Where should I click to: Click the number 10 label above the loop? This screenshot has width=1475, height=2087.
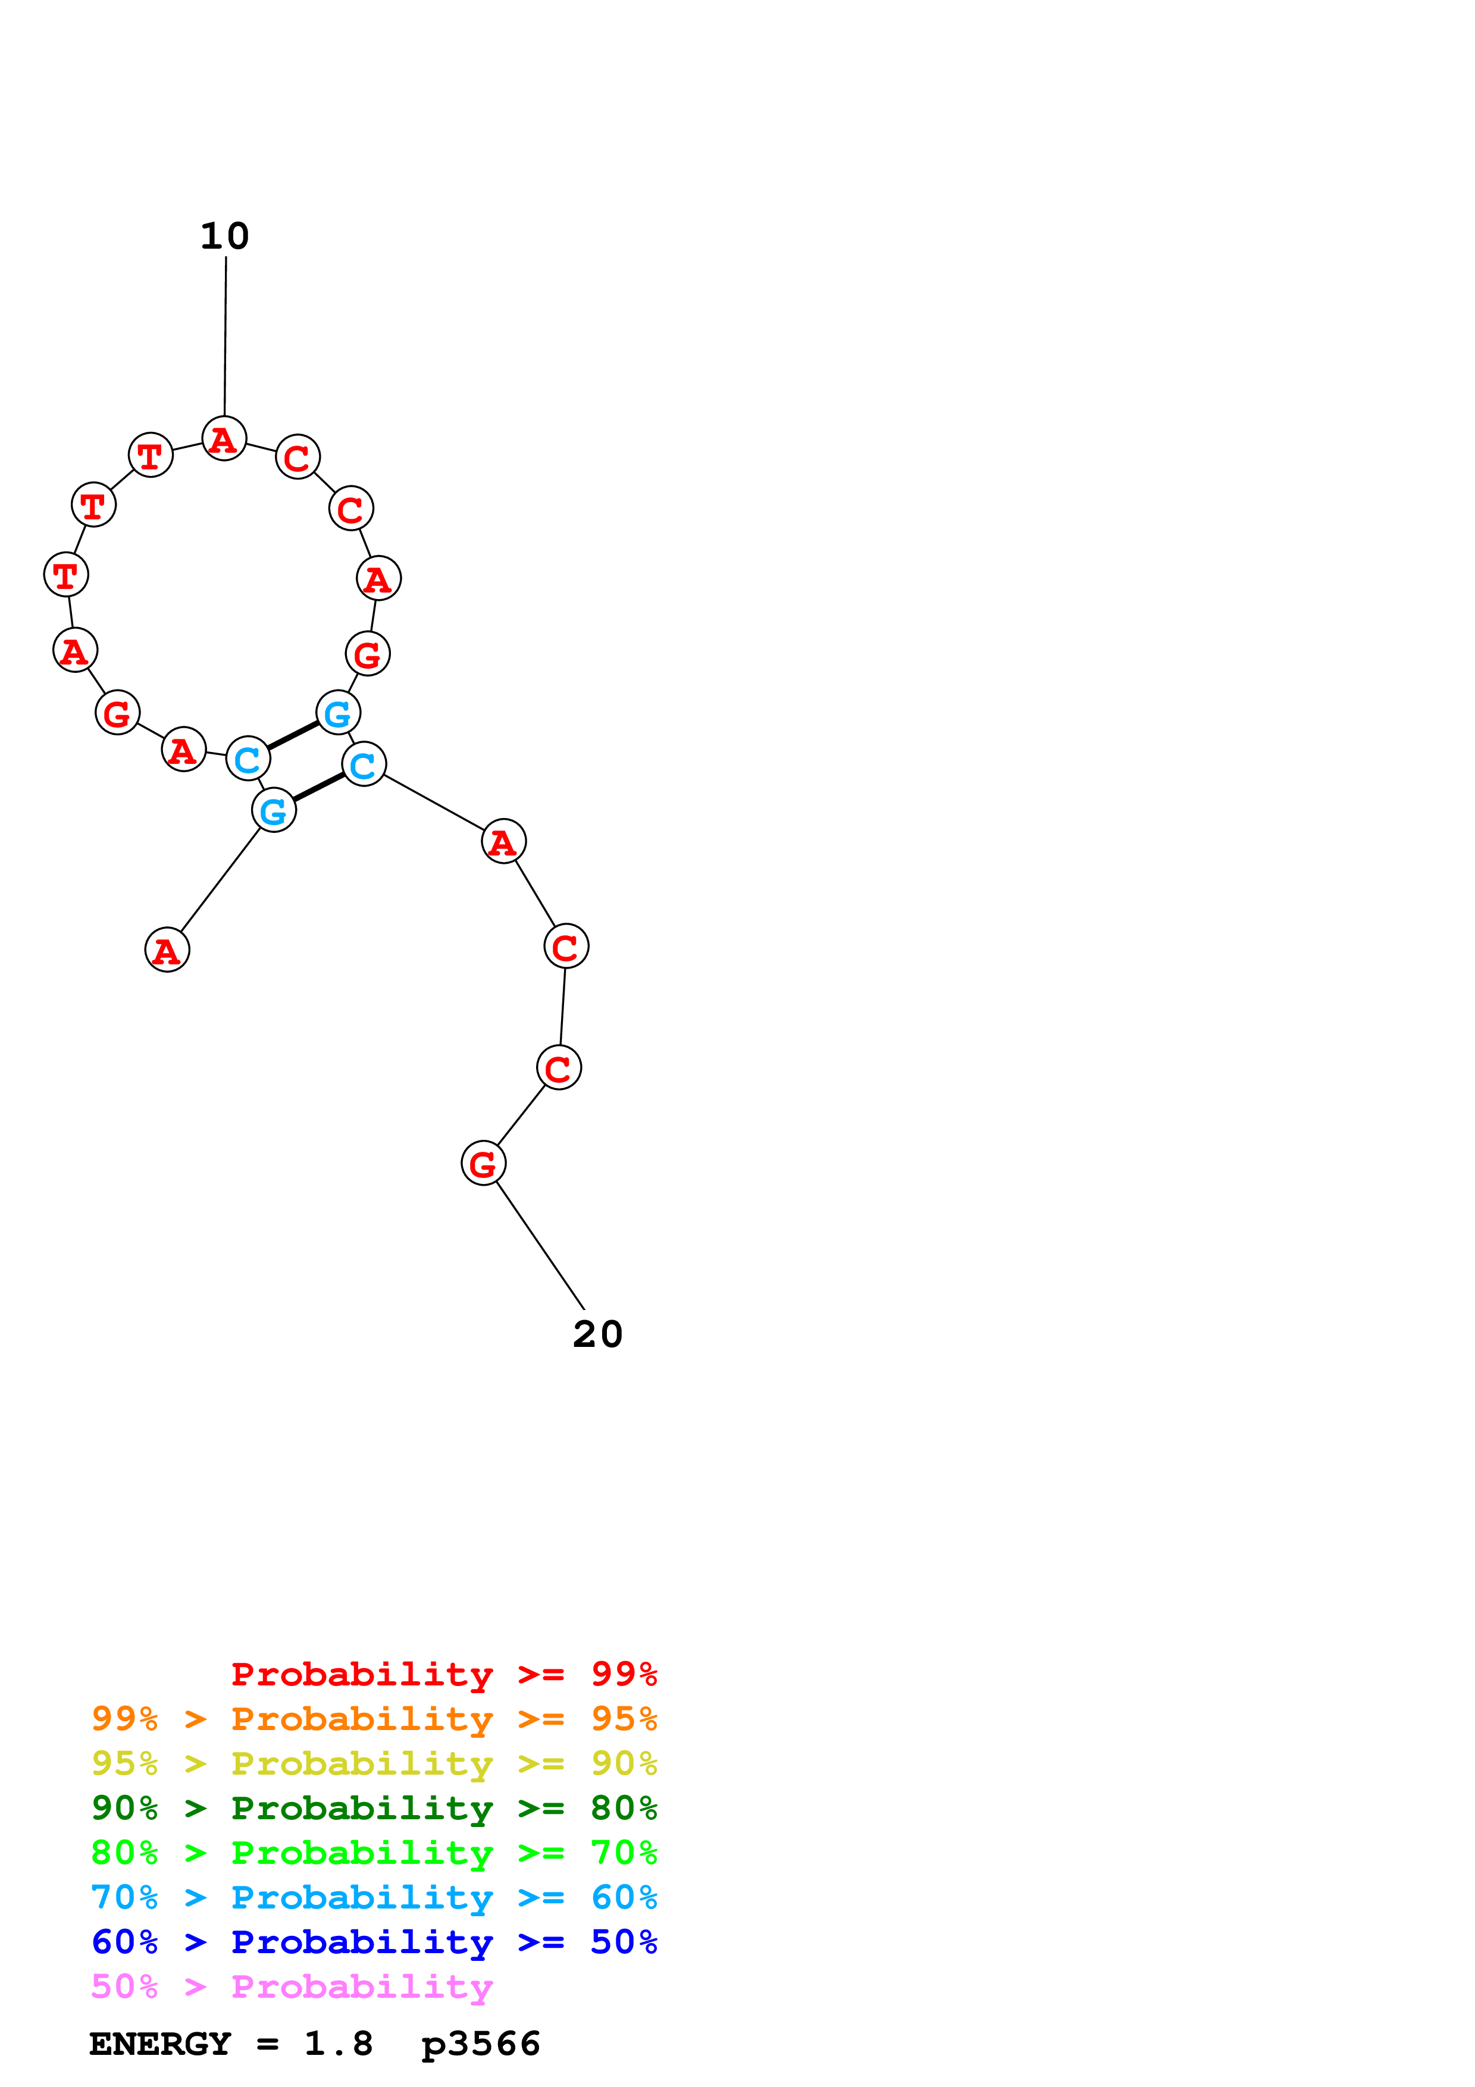pyautogui.click(x=224, y=236)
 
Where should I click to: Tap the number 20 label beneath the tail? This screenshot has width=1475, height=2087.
pyautogui.click(x=597, y=1334)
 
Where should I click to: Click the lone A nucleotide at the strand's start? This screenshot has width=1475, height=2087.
pyautogui.click(x=167, y=950)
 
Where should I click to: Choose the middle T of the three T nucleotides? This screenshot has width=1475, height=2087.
pyautogui.click(x=93, y=504)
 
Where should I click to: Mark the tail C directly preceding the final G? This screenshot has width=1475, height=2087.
pyautogui.click(x=559, y=1067)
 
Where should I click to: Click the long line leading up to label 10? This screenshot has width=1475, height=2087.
pyautogui.click(x=226, y=336)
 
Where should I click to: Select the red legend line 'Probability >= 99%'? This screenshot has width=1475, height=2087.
pyautogui.click(x=443, y=1674)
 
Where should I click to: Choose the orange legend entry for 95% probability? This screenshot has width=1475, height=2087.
pyautogui.click(x=374, y=1718)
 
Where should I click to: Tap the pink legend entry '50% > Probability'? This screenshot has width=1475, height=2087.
pyautogui.click(x=292, y=1986)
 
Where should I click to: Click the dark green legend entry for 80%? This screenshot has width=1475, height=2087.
pyautogui.click(x=374, y=1807)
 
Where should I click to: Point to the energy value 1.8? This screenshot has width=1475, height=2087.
pyautogui.click(x=338, y=2044)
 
